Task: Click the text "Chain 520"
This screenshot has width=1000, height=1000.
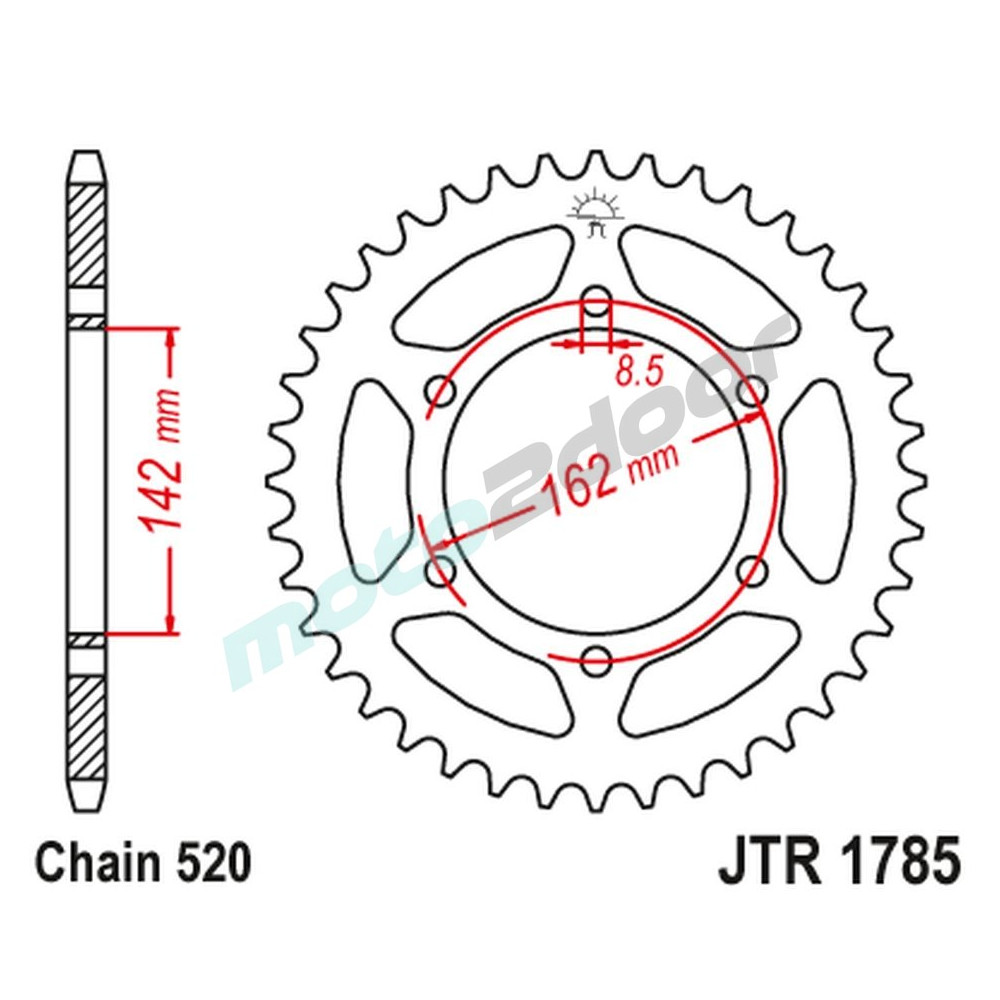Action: tap(142, 863)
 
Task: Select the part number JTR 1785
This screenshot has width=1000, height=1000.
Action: tap(838, 863)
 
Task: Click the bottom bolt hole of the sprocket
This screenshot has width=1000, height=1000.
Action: tap(596, 659)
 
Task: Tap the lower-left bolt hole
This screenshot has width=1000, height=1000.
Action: tap(441, 571)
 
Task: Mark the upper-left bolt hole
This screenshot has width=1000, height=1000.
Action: tap(441, 391)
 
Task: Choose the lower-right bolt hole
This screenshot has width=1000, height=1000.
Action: tap(751, 571)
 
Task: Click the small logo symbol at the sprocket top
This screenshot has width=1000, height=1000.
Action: tap(596, 212)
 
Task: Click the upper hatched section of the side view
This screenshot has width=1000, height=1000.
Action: tap(86, 236)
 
